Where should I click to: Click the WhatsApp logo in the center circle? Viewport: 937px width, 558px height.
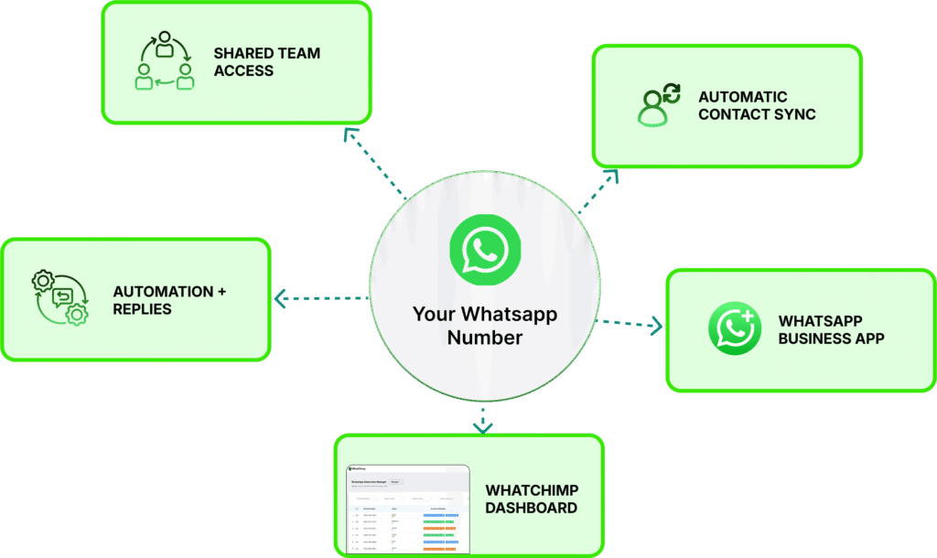484,248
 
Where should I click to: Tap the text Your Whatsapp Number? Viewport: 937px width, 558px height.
484,326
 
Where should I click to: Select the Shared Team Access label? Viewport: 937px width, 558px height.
267,61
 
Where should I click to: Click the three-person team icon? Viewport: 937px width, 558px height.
165,61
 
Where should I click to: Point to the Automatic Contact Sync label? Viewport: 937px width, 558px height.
756,105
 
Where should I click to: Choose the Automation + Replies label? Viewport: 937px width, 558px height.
169,300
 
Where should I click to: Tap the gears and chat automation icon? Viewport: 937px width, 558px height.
60,298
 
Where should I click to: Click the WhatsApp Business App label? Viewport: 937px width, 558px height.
831,329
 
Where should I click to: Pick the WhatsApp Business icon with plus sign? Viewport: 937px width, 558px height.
734,328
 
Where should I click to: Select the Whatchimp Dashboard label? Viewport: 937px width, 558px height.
531,499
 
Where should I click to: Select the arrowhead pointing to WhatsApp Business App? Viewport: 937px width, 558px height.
656,325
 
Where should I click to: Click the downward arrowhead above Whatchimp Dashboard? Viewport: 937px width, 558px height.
483,426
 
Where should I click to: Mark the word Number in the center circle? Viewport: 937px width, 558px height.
484,338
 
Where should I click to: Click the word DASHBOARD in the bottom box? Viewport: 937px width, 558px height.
531,508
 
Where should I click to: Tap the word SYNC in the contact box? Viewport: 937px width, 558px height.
794,114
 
